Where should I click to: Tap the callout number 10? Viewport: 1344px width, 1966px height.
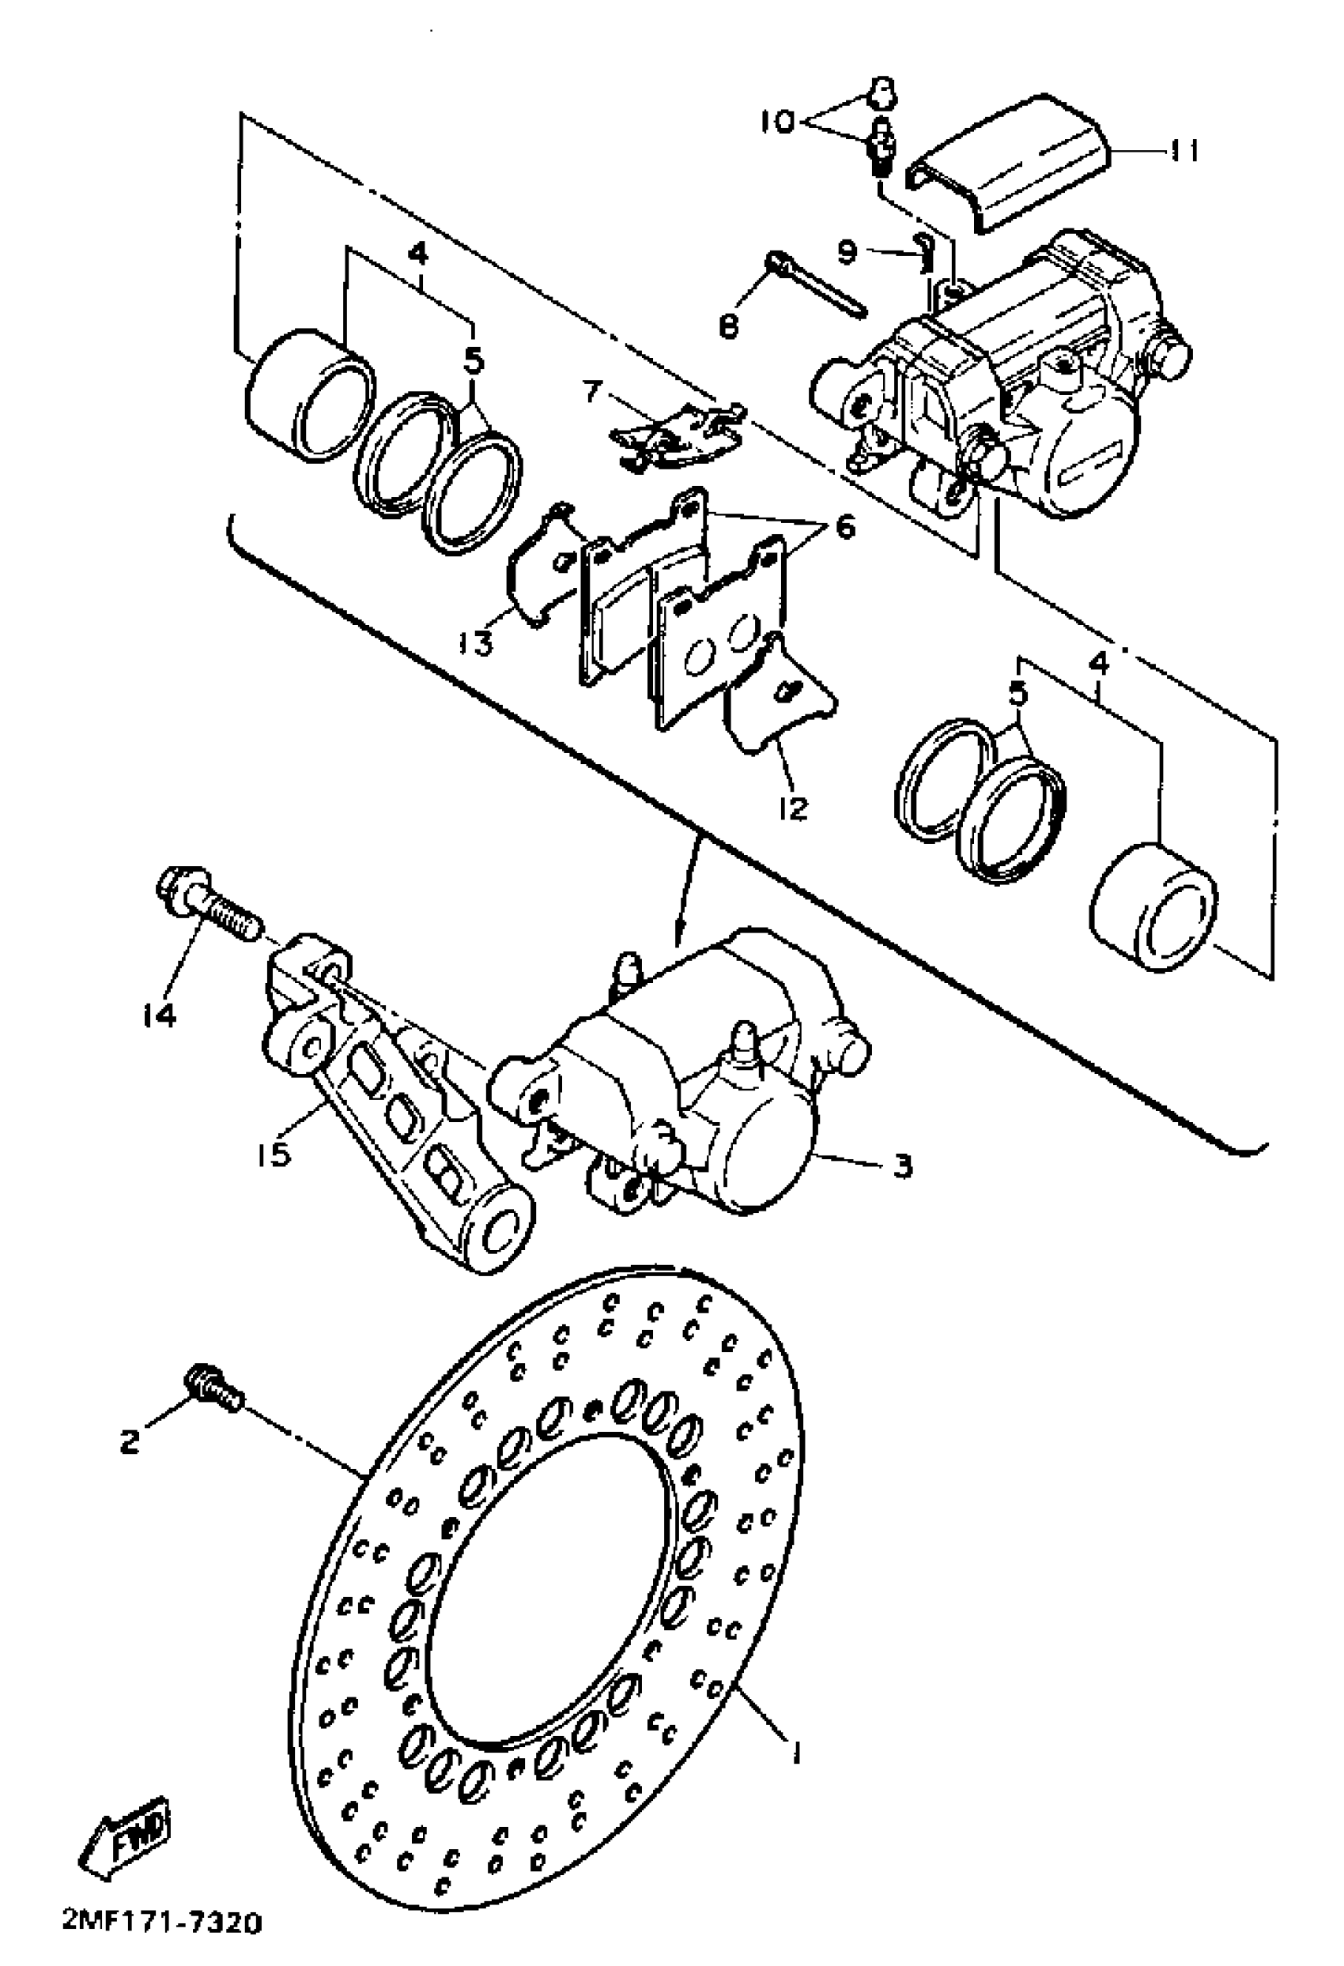click(x=776, y=122)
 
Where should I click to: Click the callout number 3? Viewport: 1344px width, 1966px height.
click(x=902, y=1166)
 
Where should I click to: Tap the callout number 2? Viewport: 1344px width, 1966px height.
click(x=129, y=1441)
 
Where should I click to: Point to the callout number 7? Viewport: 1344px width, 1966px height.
click(x=591, y=393)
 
